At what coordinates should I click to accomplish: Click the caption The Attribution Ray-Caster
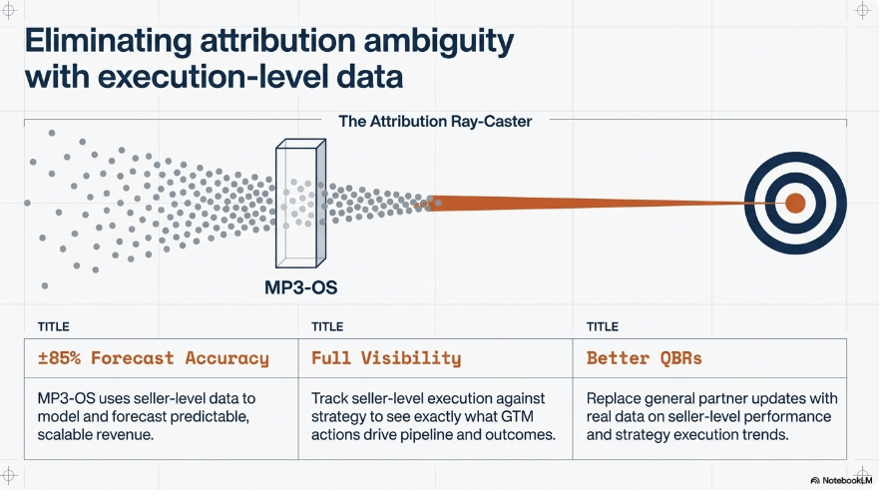click(435, 122)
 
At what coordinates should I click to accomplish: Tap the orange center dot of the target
click(795, 203)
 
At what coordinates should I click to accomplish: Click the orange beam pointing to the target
click(589, 203)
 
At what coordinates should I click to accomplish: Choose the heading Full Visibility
click(386, 357)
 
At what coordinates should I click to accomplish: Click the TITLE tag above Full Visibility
click(328, 326)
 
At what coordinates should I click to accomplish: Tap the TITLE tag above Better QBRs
click(603, 326)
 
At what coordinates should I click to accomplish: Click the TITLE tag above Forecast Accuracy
click(54, 326)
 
